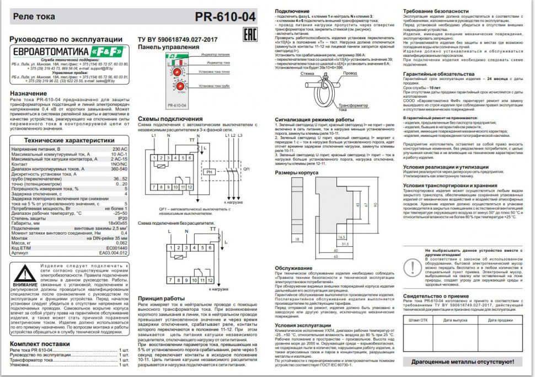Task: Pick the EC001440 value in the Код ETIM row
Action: pyautogui.click(x=116, y=249)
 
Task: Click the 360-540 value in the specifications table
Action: pyautogui.click(x=118, y=168)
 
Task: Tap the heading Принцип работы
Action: pyautogui.click(x=161, y=298)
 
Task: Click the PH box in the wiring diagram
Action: pyautogui.click(x=209, y=172)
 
